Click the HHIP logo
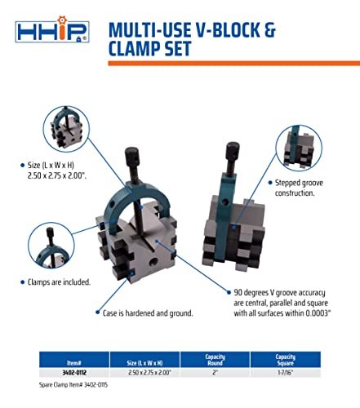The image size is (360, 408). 52,29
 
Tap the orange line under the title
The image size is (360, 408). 234,63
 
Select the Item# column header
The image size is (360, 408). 74,362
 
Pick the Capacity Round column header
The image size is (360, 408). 215,360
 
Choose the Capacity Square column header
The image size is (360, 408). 285,360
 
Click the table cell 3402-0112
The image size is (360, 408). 74,372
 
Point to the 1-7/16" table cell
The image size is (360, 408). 285,372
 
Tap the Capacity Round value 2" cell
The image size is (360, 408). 215,372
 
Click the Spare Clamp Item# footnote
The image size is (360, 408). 73,385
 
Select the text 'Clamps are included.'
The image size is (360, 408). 59,282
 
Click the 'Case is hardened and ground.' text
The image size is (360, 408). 148,313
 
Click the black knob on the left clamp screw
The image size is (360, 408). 132,155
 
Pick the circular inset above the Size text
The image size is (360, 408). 66,129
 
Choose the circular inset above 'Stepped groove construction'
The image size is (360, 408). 299,148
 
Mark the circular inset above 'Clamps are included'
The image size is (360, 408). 51,246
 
